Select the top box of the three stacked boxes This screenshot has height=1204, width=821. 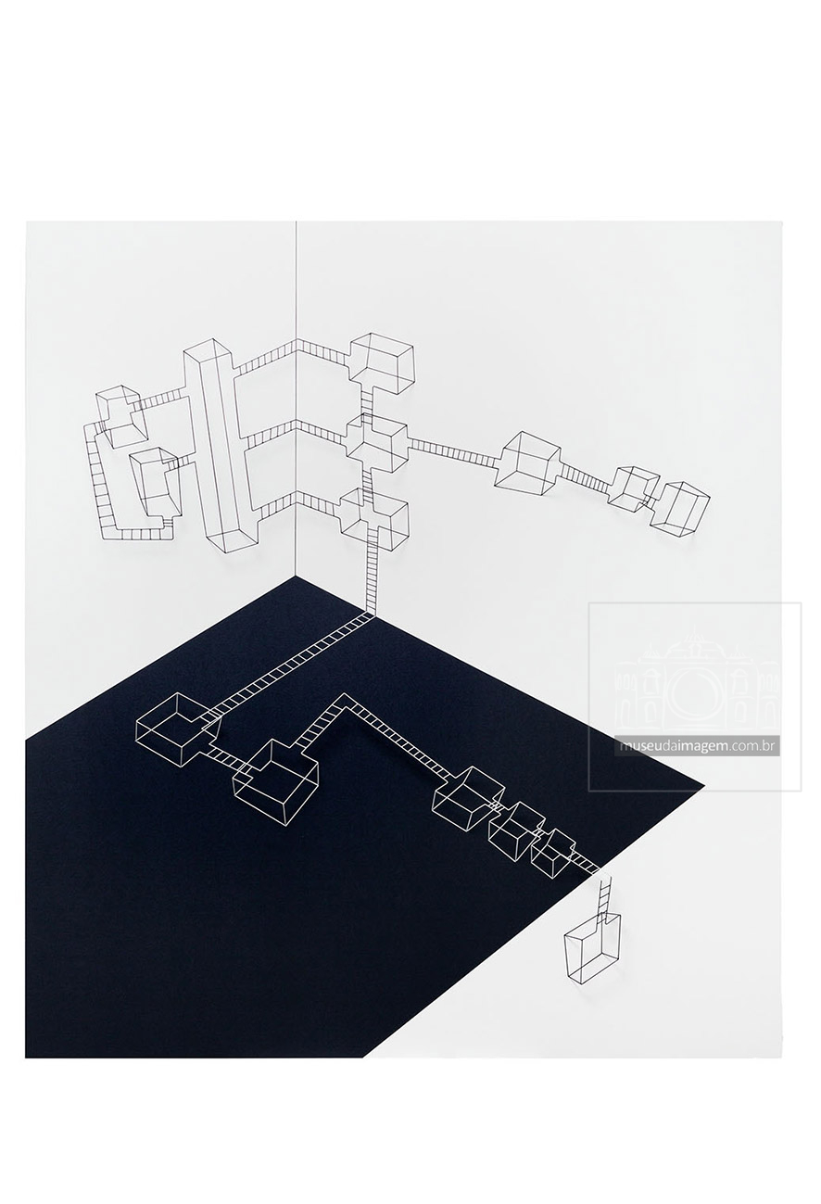(x=382, y=361)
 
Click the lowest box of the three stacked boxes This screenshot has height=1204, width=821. (x=374, y=517)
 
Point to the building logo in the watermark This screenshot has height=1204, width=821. (x=697, y=682)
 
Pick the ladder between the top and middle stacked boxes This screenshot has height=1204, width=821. (x=367, y=401)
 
